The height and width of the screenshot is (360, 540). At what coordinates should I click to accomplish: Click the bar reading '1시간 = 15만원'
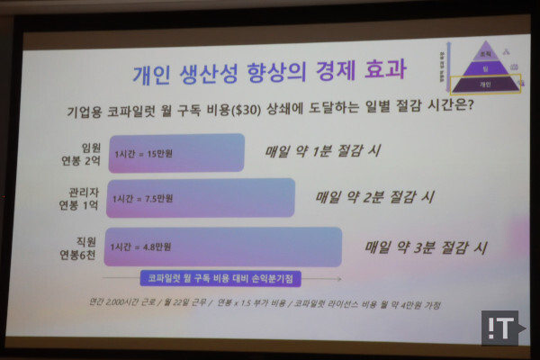point(176,153)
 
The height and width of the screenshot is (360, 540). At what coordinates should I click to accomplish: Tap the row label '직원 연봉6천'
point(76,246)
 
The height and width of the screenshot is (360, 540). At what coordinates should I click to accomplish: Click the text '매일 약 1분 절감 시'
point(321,150)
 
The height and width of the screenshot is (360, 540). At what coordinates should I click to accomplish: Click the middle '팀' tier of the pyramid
point(485,68)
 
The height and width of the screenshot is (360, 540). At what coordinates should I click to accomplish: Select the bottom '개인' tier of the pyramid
point(485,85)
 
